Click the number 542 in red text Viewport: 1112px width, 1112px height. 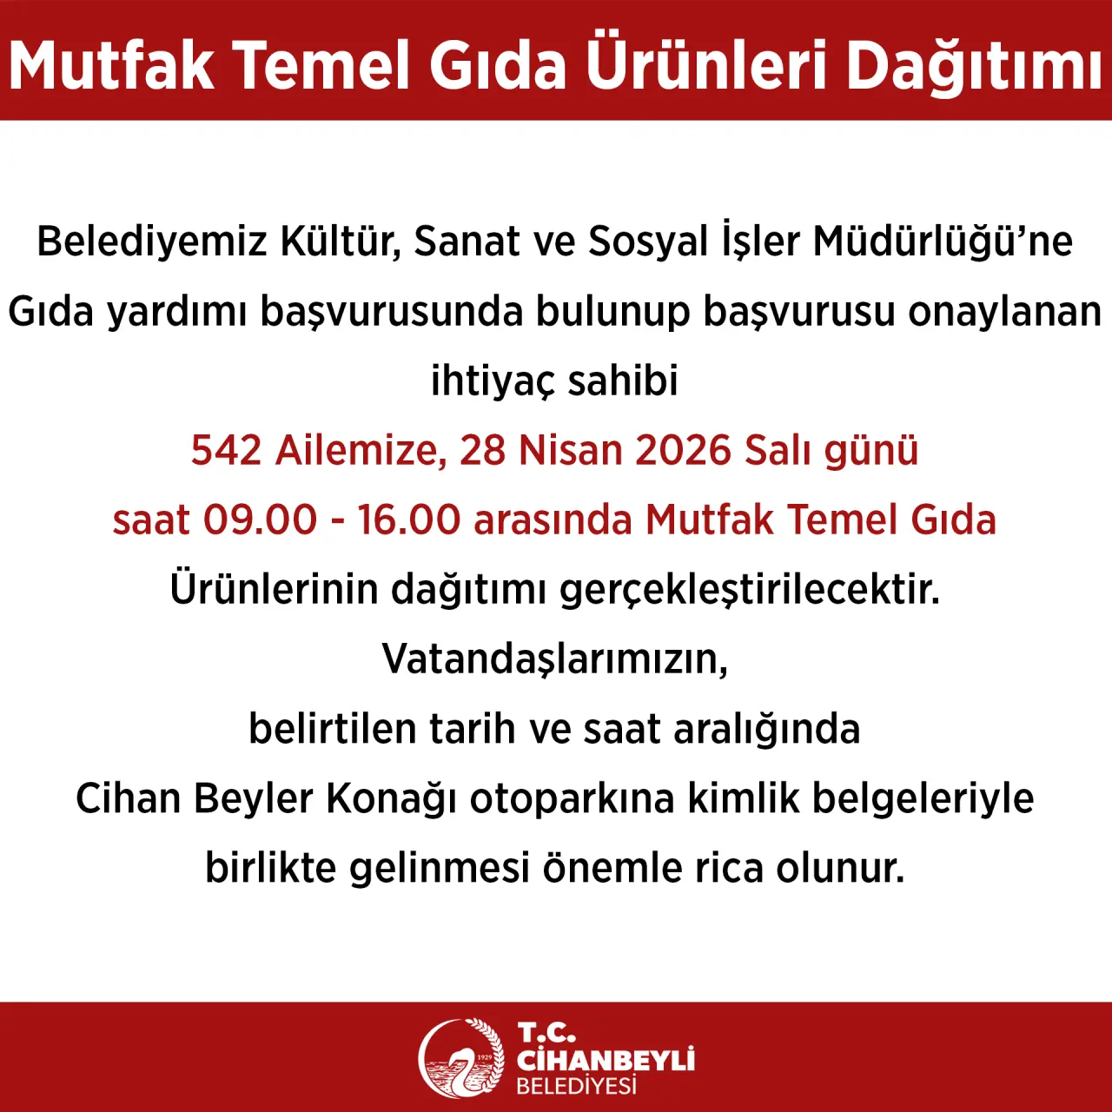pyautogui.click(x=226, y=451)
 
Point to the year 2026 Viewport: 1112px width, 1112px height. pyautogui.click(x=683, y=451)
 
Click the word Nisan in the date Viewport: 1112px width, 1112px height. pyautogui.click(x=571, y=451)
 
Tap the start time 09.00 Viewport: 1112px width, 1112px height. pyautogui.click(x=261, y=520)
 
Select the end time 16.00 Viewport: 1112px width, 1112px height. pyautogui.click(x=408, y=520)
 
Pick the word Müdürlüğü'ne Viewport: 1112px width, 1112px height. pyautogui.click(x=943, y=242)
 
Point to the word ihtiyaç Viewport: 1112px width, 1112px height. pyautogui.click(x=493, y=381)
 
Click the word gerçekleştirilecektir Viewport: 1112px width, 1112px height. pyautogui.click(x=750, y=591)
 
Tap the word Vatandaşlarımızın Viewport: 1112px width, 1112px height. pyautogui.click(x=554, y=659)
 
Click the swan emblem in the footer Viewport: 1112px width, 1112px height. pyautogui.click(x=460, y=1058)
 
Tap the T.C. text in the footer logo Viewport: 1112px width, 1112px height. pyautogui.click(x=546, y=1033)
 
